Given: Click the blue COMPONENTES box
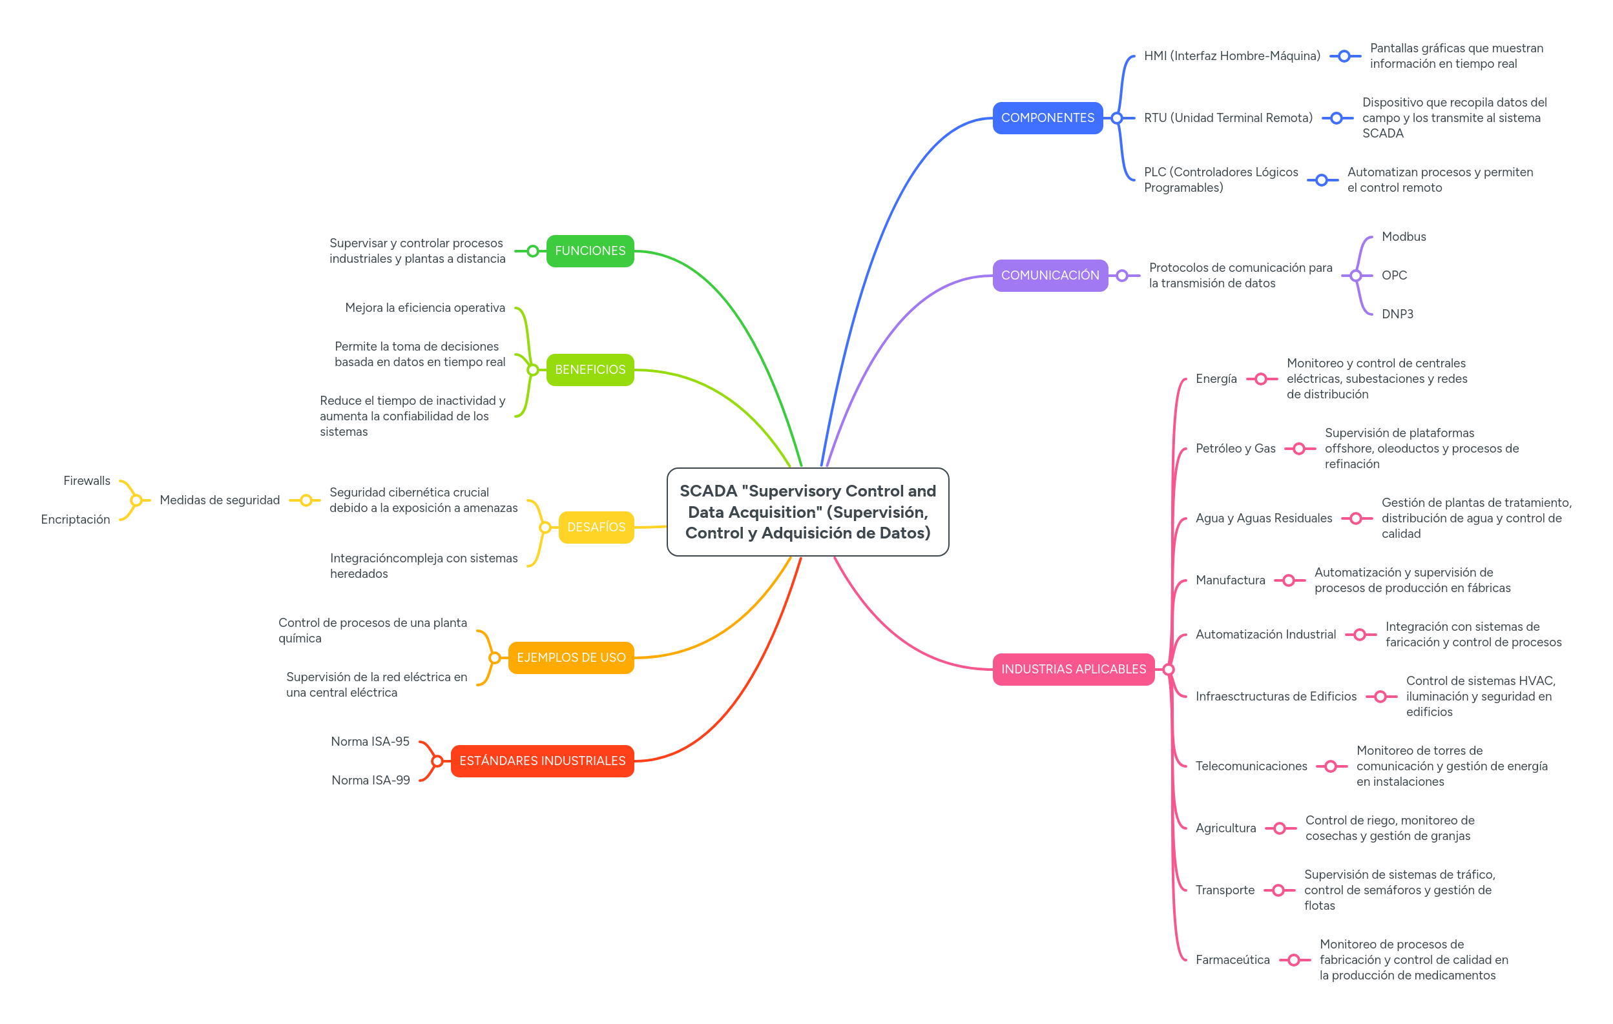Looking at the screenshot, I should coord(1047,118).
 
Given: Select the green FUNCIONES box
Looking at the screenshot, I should coord(590,251).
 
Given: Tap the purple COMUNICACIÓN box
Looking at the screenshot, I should coord(1050,275).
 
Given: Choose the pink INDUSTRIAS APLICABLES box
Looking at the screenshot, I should coord(1073,669).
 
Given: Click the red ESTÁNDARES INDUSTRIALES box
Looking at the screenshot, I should coord(542,761).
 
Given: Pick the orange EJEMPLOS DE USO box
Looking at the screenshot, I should coord(570,658).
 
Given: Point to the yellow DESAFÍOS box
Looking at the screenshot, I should coord(596,527).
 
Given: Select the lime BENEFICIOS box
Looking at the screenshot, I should coord(590,370).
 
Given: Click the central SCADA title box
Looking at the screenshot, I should coord(808,511).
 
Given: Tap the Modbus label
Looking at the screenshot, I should coord(1403,236).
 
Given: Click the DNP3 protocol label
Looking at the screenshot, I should coord(1397,314).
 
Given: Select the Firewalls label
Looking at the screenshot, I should coord(87,481).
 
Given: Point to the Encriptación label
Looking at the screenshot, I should coord(75,520).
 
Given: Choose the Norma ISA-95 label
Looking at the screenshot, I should coord(369,741).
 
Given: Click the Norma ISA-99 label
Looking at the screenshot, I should coord(370,780).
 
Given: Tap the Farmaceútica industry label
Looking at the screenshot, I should coord(1232,959).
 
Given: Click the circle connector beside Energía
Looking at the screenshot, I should coord(1261,379).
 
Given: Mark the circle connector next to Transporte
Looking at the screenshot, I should coord(1278,890).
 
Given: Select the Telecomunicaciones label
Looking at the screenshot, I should coord(1251,766).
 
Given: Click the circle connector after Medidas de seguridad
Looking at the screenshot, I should coord(306,500).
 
